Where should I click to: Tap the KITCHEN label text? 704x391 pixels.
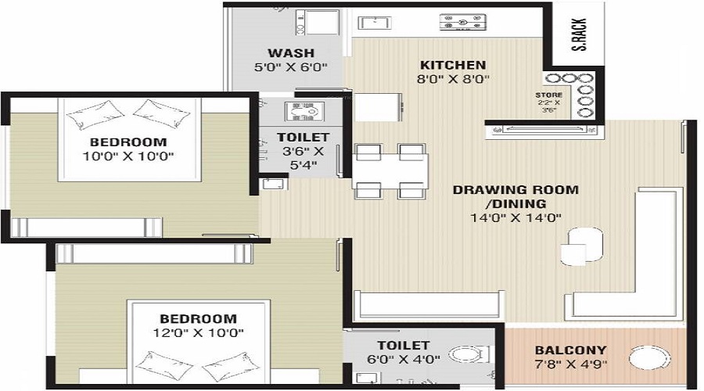[453, 65]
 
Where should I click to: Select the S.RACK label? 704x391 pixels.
[580, 35]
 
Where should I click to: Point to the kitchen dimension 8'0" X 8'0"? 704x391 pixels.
[454, 78]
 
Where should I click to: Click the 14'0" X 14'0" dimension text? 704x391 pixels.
[515, 217]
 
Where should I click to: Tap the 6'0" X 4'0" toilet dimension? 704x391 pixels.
[403, 359]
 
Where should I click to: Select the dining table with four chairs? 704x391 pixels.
[390, 170]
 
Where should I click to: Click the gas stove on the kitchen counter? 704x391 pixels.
[461, 23]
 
